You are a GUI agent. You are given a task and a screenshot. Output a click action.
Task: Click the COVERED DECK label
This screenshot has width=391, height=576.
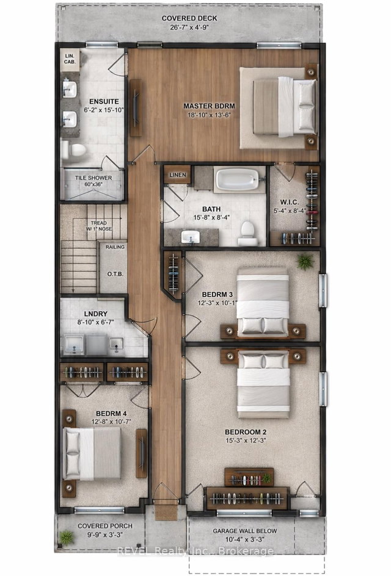click(x=189, y=18)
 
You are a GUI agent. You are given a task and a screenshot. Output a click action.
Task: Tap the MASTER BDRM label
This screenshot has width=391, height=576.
click(x=209, y=106)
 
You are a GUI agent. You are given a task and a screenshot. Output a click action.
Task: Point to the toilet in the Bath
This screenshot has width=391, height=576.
click(x=247, y=232)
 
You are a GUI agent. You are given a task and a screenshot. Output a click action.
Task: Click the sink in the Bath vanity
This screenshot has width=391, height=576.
click(x=188, y=236)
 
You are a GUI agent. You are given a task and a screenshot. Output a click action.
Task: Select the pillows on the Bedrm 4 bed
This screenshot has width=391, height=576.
click(x=73, y=453)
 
